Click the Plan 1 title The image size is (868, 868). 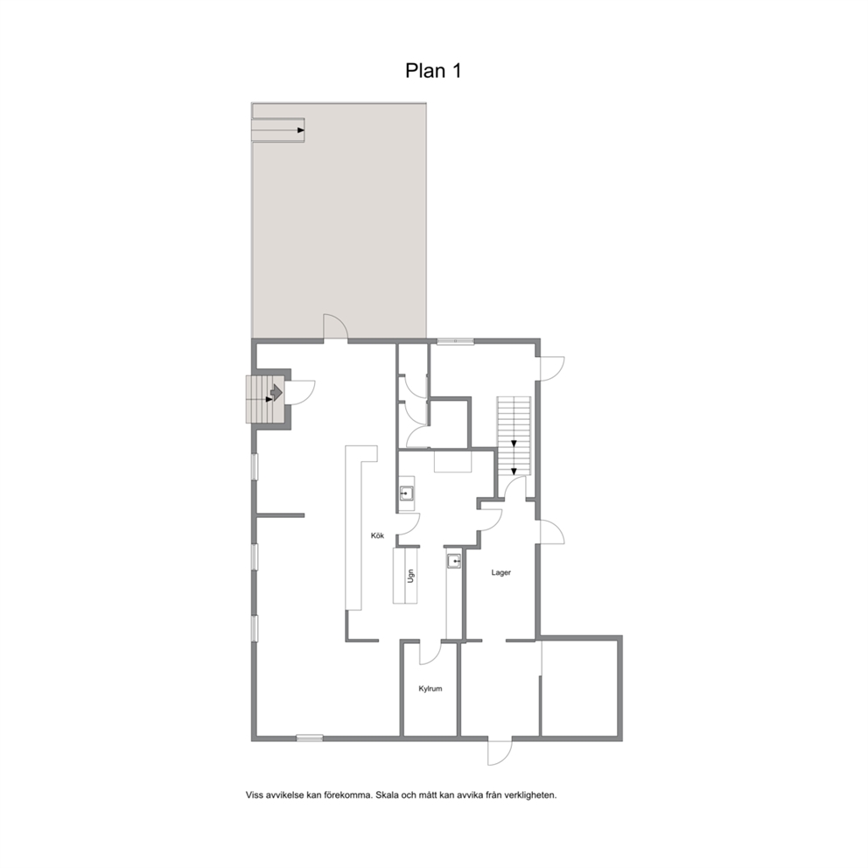pyautogui.click(x=433, y=71)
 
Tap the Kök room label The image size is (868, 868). pyautogui.click(x=377, y=535)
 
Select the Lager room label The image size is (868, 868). pyautogui.click(x=501, y=573)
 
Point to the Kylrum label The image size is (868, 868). pyautogui.click(x=430, y=689)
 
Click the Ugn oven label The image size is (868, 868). pyautogui.click(x=410, y=577)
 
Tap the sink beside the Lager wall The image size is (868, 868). pyautogui.click(x=454, y=562)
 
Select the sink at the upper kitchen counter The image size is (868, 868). pyautogui.click(x=407, y=493)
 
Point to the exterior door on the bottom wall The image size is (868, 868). pyautogui.click(x=500, y=752)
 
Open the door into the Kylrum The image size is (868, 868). pyautogui.click(x=430, y=654)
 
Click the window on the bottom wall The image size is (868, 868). pyautogui.click(x=310, y=738)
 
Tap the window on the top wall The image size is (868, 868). pyautogui.click(x=455, y=341)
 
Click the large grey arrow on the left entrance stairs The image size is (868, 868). pyautogui.click(x=276, y=393)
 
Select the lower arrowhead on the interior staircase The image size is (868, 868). pyautogui.click(x=514, y=472)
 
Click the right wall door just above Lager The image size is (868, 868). pyautogui.click(x=551, y=532)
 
